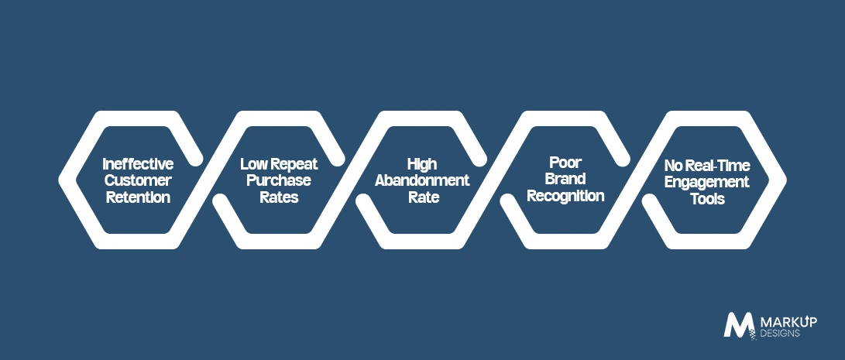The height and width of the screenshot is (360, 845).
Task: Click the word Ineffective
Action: click(138, 163)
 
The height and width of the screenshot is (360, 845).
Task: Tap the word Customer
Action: click(138, 180)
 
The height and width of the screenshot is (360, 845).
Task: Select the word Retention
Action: click(138, 197)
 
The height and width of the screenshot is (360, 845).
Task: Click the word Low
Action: click(252, 163)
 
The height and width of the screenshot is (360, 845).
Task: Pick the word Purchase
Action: click(279, 180)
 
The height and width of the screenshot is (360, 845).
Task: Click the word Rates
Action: click(279, 197)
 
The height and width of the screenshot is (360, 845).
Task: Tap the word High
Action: click(422, 164)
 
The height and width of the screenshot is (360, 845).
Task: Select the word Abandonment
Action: click(422, 180)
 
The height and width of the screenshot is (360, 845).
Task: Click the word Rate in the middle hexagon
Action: click(424, 197)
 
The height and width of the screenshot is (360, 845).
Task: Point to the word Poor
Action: click(565, 163)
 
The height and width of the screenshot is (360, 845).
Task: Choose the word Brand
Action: click(565, 179)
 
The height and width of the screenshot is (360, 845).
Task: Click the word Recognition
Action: click(565, 196)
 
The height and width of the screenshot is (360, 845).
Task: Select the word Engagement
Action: click(706, 182)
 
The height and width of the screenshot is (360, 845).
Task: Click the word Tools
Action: click(707, 199)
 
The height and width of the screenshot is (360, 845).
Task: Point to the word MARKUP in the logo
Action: click(788, 322)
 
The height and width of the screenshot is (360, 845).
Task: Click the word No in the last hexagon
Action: click(672, 165)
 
